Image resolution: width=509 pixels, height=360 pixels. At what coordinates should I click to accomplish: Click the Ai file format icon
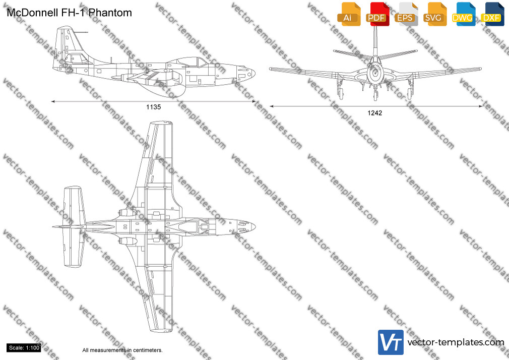click(349, 14)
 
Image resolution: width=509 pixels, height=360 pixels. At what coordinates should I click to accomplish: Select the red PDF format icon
click(377, 14)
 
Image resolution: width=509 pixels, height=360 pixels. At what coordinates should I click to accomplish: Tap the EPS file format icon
click(406, 14)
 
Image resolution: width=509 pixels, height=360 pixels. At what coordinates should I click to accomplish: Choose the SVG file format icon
click(434, 14)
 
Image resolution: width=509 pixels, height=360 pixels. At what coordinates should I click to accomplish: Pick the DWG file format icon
click(463, 14)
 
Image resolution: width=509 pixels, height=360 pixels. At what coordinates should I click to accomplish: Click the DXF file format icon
click(492, 14)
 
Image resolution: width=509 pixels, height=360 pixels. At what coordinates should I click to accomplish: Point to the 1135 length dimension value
click(154, 107)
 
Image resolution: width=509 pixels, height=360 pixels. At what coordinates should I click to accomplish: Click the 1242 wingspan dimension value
click(374, 113)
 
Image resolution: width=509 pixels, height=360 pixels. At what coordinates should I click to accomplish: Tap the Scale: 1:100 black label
click(24, 348)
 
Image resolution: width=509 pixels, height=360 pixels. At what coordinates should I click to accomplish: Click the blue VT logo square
click(391, 342)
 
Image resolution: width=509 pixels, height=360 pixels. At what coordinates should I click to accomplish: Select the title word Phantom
click(110, 13)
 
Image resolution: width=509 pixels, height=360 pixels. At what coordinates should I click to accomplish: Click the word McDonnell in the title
click(32, 13)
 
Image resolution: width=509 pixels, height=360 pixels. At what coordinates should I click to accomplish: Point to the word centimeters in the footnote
click(146, 350)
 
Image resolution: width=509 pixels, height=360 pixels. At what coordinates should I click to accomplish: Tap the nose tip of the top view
click(255, 226)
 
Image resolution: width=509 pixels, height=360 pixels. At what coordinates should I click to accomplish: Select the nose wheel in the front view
click(375, 95)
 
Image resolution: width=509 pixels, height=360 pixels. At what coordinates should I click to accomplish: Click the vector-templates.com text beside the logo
click(456, 342)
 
